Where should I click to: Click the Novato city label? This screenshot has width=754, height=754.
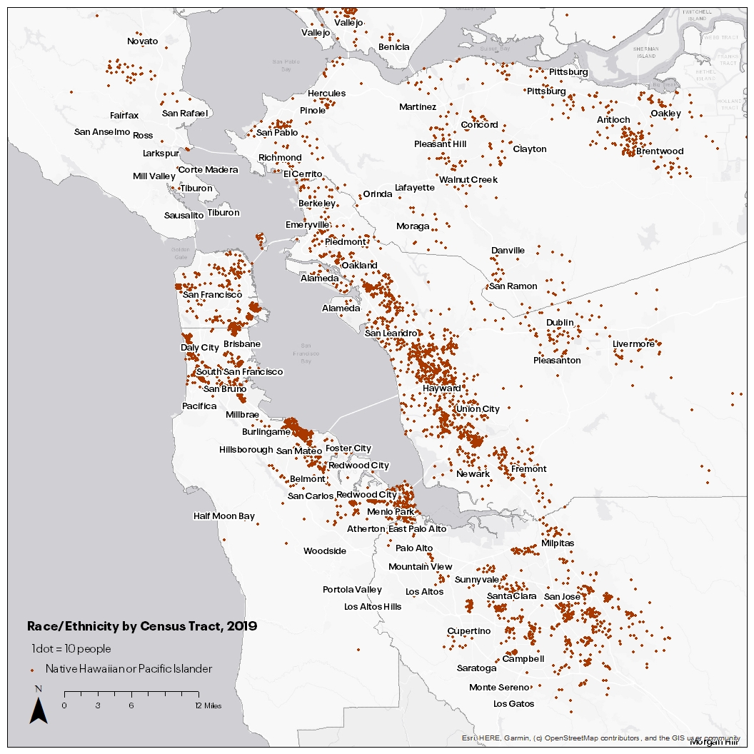(142, 41)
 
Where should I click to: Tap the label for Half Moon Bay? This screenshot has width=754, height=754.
(223, 516)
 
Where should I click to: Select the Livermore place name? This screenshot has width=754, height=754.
(633, 344)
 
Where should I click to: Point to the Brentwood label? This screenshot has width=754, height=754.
(659, 151)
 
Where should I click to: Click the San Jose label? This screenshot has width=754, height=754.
(562, 597)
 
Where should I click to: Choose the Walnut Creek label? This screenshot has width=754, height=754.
(468, 180)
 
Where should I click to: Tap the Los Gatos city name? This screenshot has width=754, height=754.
(513, 704)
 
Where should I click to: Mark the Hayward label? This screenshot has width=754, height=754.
(441, 388)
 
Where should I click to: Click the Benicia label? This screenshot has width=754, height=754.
(393, 47)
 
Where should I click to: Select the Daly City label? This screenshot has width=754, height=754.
(199, 348)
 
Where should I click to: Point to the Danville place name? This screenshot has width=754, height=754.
(508, 251)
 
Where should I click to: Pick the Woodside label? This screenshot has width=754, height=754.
(324, 551)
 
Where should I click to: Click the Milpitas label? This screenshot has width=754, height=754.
(558, 543)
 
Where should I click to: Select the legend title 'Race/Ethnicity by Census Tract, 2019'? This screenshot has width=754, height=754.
(141, 625)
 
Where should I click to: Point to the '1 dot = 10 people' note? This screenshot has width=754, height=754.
(71, 649)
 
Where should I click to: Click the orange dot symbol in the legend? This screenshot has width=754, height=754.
(33, 670)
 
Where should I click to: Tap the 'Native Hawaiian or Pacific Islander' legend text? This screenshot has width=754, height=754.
(129, 669)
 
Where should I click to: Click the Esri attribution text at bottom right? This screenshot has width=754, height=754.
(600, 738)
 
